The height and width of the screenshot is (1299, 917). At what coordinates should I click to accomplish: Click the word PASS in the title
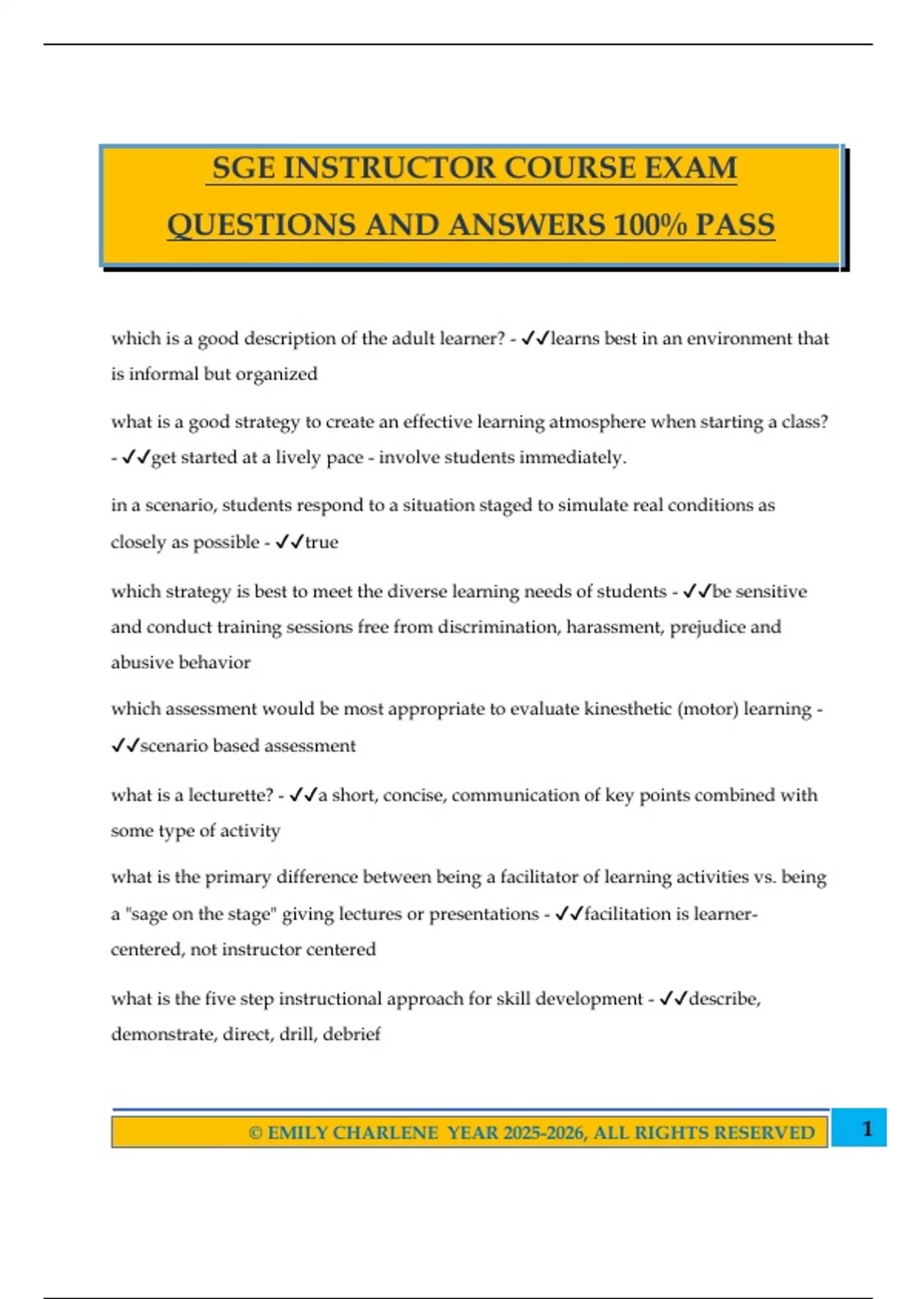click(x=735, y=225)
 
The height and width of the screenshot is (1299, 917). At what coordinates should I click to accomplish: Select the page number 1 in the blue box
click(x=867, y=1129)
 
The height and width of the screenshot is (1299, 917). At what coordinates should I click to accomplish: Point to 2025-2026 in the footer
click(x=543, y=1132)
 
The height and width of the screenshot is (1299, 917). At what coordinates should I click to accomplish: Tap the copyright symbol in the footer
click(x=255, y=1132)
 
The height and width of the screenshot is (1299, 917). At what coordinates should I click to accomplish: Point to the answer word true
click(x=322, y=542)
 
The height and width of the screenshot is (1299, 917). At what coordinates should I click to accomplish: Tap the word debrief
click(x=352, y=1034)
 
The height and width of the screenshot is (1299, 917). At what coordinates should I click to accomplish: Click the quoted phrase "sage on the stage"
click(x=198, y=914)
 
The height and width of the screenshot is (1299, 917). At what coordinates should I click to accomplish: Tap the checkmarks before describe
click(x=673, y=999)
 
